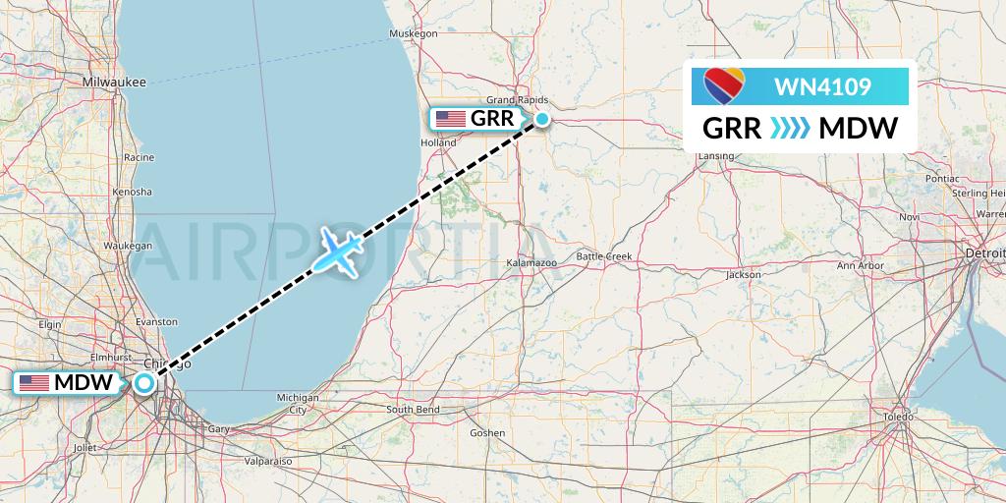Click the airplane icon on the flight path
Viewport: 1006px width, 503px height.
(x=338, y=252)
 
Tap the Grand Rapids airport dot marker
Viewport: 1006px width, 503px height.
(x=541, y=120)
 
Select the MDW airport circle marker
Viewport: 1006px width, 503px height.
(x=144, y=383)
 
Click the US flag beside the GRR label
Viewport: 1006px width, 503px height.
(x=451, y=119)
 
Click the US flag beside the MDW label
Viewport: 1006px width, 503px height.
(x=34, y=383)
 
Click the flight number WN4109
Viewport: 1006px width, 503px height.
(x=821, y=87)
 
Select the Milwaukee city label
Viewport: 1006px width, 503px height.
(x=115, y=82)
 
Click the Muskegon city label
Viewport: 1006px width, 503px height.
(x=413, y=33)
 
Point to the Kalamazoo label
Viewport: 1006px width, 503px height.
(x=531, y=264)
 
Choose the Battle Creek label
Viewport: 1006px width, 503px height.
(x=604, y=256)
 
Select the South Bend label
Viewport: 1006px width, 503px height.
(x=413, y=409)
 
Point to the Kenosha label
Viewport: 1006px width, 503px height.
(x=132, y=192)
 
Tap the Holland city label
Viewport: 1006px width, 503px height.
(x=438, y=142)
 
